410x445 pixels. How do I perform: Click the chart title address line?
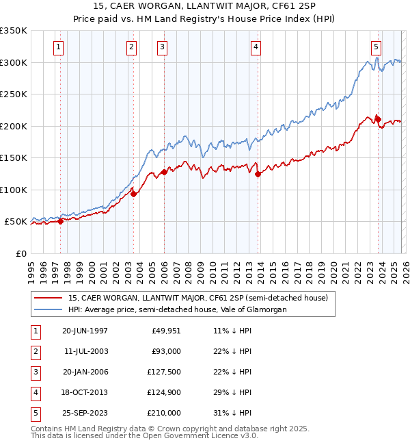205,6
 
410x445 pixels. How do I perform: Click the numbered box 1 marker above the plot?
59,47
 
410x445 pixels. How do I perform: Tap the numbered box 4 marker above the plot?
255,47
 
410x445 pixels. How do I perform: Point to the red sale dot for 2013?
258,174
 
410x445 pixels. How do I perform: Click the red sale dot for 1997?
60,221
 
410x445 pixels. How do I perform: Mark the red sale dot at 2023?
378,119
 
